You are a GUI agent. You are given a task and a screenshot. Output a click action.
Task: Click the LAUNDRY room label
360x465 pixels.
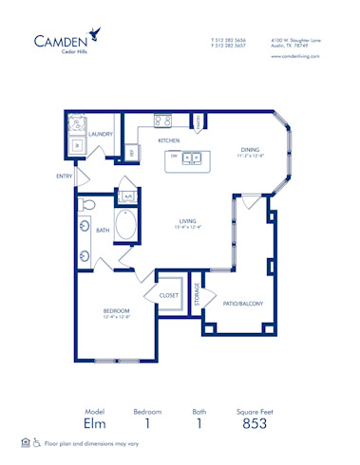tap(101, 136)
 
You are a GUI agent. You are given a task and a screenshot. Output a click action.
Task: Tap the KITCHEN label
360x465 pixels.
tap(169, 140)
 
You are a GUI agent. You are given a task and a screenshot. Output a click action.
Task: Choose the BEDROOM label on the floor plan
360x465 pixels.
tap(117, 310)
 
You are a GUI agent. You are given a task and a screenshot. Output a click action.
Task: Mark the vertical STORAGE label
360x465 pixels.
tap(197, 294)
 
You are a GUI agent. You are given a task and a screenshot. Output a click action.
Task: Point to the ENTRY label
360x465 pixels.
tap(64, 176)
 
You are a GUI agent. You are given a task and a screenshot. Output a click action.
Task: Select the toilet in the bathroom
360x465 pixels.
tap(88, 204)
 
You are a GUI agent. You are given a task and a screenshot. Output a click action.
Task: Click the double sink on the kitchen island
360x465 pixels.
tap(192, 158)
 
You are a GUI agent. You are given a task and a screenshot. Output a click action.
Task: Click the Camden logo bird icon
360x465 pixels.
tap(96, 35)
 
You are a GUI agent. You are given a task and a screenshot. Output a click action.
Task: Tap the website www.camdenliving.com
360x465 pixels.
tap(294, 56)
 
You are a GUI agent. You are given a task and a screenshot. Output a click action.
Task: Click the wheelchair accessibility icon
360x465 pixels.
tap(37, 443)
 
